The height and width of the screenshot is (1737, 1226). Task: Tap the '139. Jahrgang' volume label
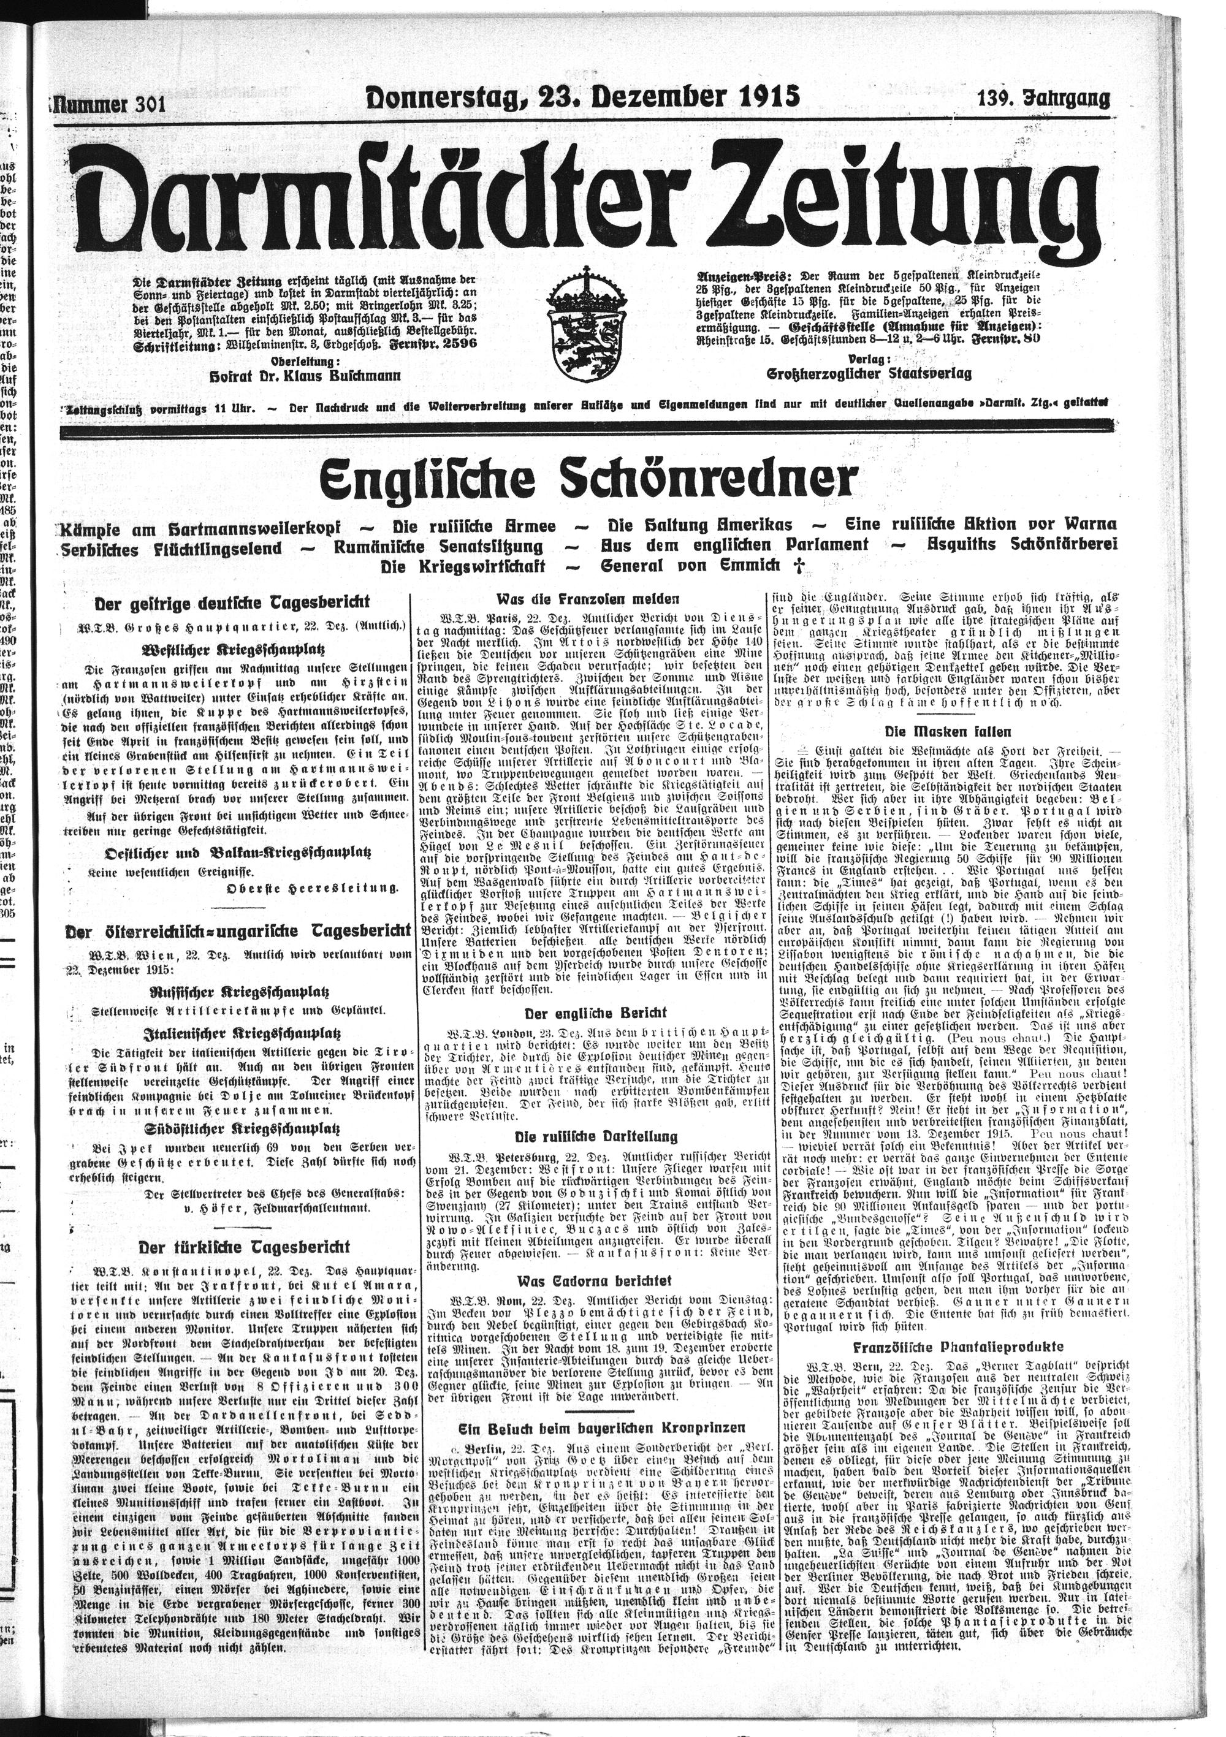tap(1043, 98)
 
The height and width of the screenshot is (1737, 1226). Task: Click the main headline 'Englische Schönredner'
tap(588, 479)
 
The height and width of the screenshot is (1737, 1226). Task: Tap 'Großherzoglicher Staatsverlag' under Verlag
tap(869, 374)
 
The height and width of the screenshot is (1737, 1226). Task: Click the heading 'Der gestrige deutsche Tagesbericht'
tap(232, 603)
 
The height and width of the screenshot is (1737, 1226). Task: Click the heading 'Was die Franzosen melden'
tap(588, 598)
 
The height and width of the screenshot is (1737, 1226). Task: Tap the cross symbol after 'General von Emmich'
tap(794, 565)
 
